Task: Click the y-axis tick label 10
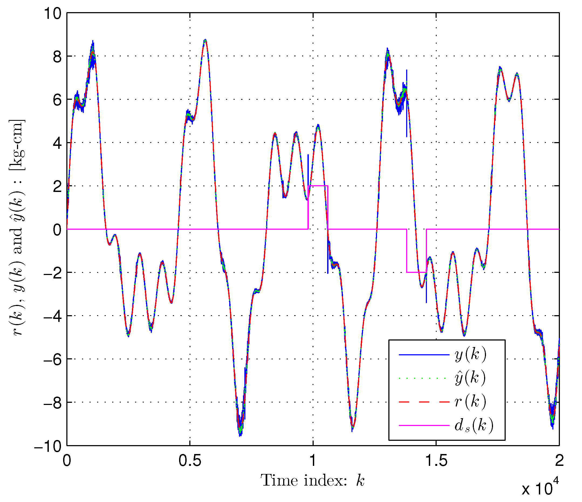tap(53, 13)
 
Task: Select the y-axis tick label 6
tap(57, 100)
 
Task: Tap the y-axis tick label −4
tap(52, 316)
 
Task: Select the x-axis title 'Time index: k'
tap(312, 481)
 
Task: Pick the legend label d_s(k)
tap(474, 425)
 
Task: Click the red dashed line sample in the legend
tap(424, 402)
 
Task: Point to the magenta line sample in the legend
tap(424, 425)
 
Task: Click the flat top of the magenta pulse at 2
tap(318, 186)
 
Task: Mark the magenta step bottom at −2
tap(416, 272)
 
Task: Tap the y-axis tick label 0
tap(57, 230)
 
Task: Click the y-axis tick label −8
tap(52, 403)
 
